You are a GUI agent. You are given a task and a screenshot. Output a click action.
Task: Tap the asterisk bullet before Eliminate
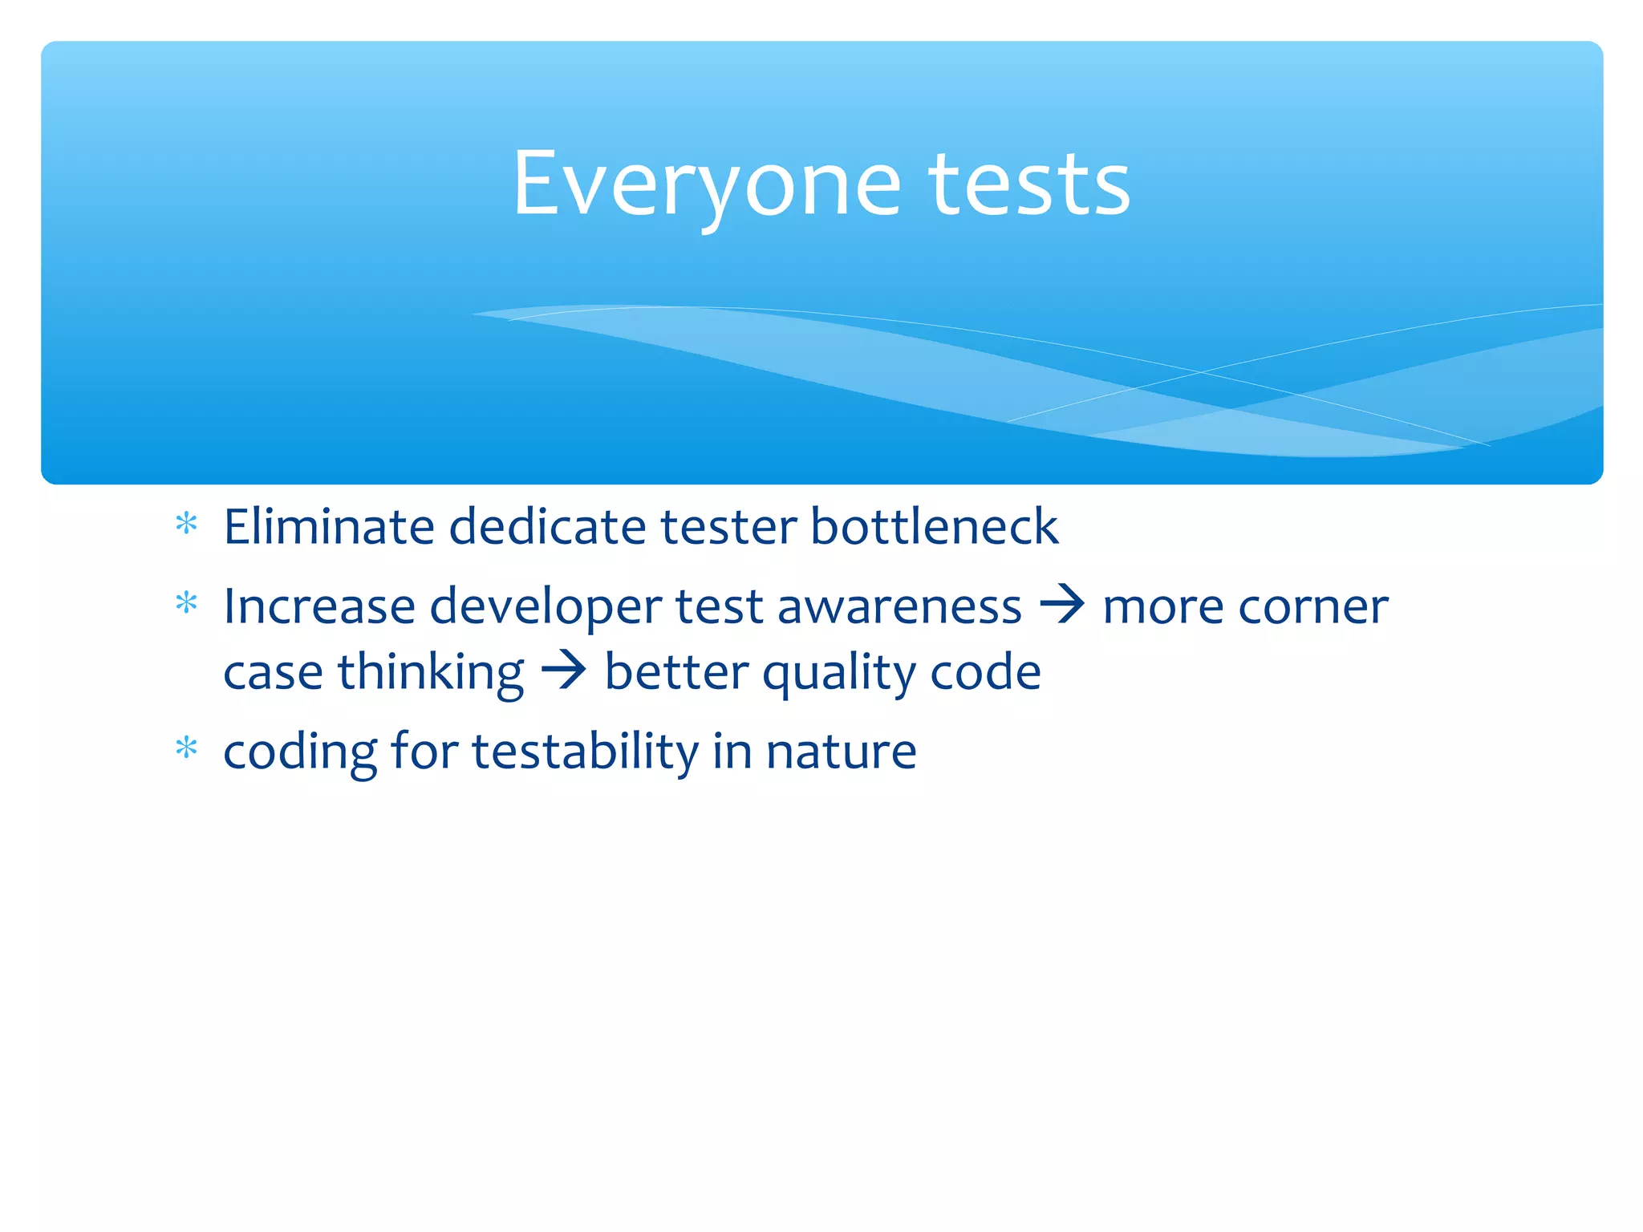point(186,525)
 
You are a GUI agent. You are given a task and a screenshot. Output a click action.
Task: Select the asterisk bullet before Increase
point(186,603)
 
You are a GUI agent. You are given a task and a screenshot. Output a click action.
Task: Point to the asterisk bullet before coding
point(186,748)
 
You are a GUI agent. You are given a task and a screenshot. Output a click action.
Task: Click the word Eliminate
point(328,527)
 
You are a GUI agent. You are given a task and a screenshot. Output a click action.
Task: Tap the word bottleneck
point(934,527)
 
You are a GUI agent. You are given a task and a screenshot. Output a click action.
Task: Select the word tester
point(728,527)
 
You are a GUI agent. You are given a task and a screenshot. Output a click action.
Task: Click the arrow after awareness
point(1062,605)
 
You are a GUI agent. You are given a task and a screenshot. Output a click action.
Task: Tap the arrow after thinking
point(564,671)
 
